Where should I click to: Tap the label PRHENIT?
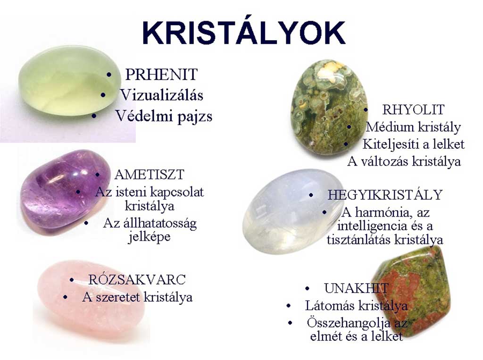161,75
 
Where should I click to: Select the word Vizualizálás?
162,95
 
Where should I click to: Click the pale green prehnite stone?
69,81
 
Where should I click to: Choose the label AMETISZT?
150,175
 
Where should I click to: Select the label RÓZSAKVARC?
137,280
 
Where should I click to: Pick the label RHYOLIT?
413,110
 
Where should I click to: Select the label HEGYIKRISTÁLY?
385,195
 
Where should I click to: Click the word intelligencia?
372,226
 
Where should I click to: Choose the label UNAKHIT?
356,288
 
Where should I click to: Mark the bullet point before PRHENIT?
109,75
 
